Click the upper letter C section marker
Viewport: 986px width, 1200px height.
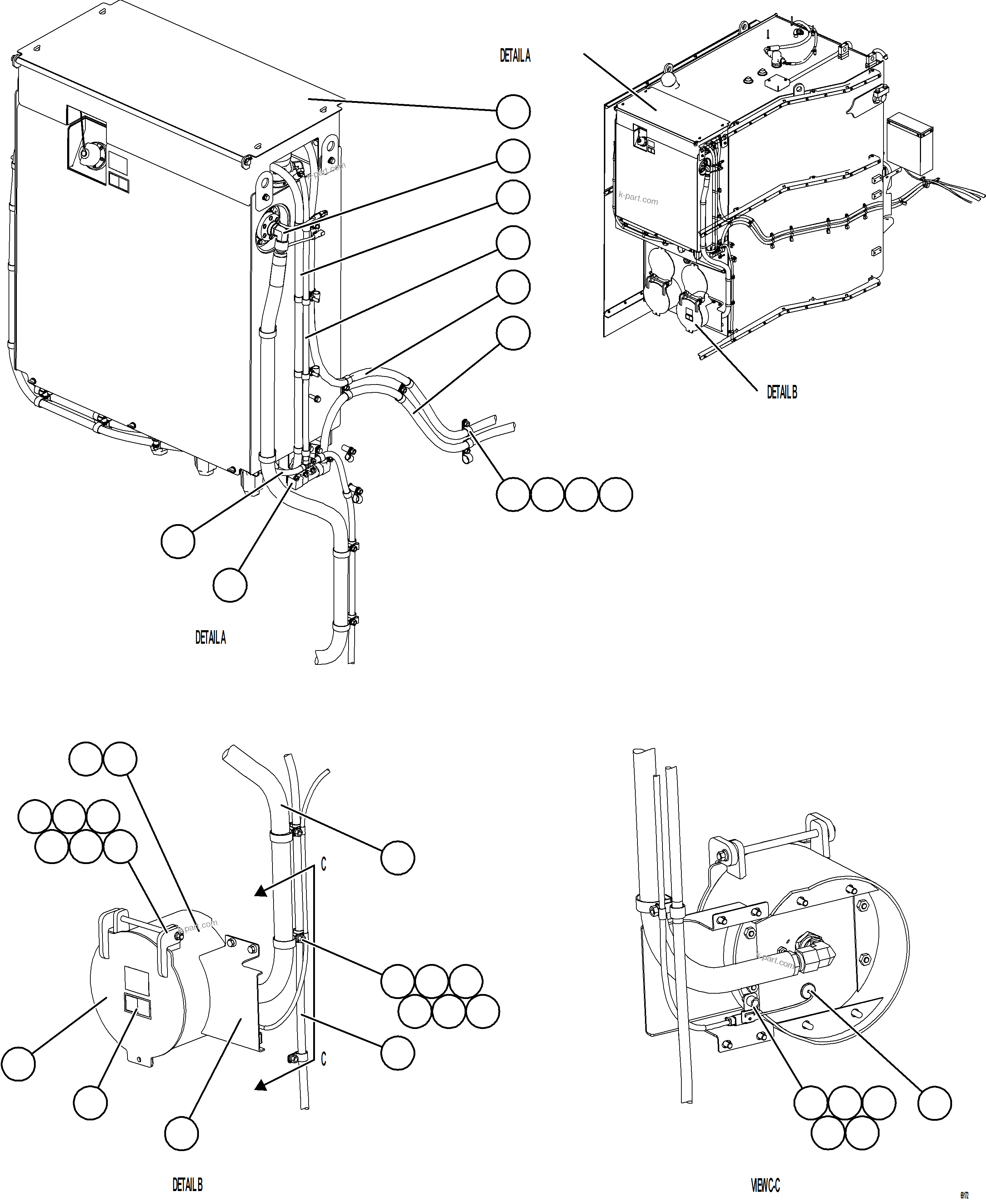pos(323,864)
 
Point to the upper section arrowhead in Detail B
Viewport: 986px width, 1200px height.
pos(260,892)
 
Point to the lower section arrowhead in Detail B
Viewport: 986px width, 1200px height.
pos(260,1085)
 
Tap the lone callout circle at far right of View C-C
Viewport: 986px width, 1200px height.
pos(934,1103)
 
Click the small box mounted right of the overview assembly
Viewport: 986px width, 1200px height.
pos(910,142)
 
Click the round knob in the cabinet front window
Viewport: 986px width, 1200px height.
pos(84,152)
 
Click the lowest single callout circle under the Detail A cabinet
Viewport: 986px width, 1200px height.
pos(230,584)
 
